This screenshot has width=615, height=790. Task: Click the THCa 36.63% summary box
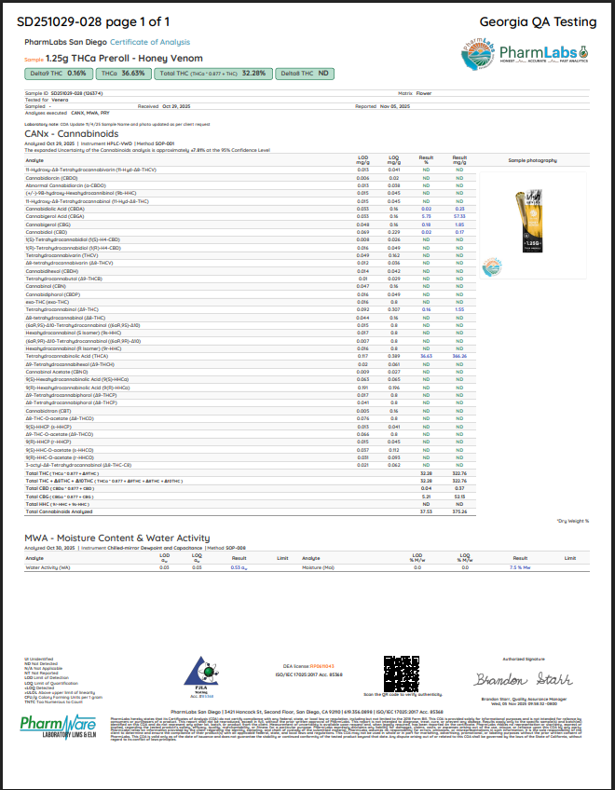point(122,73)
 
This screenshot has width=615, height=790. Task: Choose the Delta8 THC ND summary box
point(305,73)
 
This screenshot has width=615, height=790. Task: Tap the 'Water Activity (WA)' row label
point(48,567)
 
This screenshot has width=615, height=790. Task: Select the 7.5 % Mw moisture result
point(520,567)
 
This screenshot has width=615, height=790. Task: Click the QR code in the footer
point(400,674)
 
